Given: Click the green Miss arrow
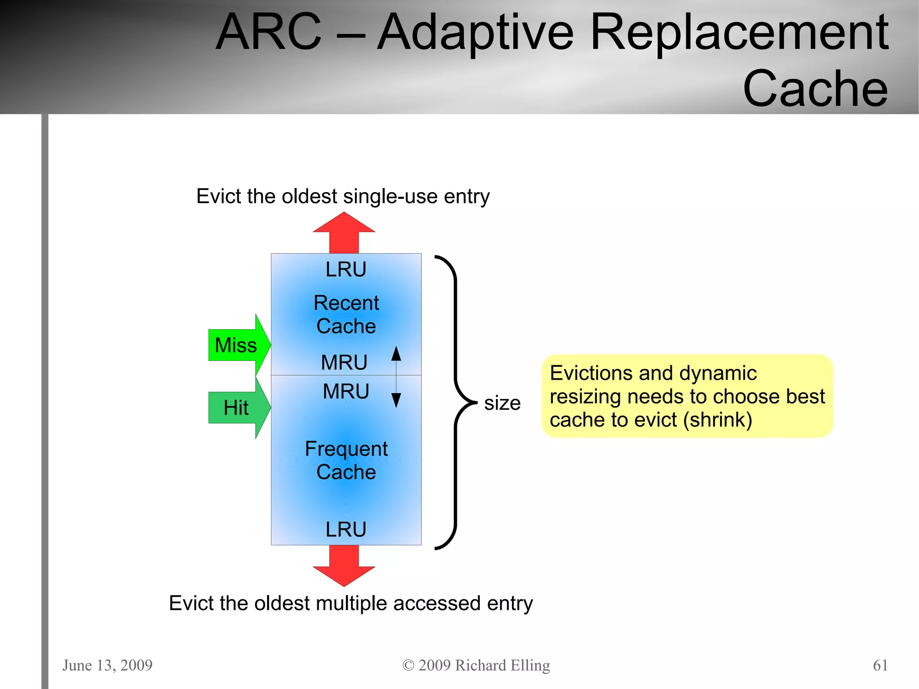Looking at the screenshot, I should click(238, 345).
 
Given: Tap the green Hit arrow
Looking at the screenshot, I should click(238, 408).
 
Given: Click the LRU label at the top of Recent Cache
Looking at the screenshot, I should click(346, 269).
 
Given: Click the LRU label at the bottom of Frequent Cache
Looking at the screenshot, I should click(346, 530).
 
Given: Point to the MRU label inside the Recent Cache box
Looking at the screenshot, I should click(344, 362).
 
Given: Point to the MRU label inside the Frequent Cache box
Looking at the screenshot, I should click(346, 391).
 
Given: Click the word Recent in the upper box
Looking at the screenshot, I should click(346, 303).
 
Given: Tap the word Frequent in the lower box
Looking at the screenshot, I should click(346, 449).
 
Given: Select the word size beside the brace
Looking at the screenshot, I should click(502, 403).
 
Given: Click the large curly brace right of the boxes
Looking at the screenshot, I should click(455, 402).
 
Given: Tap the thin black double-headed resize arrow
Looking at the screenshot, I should click(396, 377).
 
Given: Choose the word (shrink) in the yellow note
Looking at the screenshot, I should click(718, 420).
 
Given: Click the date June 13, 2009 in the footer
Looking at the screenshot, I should click(107, 665).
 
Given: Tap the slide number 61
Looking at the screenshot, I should click(880, 665).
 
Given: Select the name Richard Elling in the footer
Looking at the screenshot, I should click(502, 665).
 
